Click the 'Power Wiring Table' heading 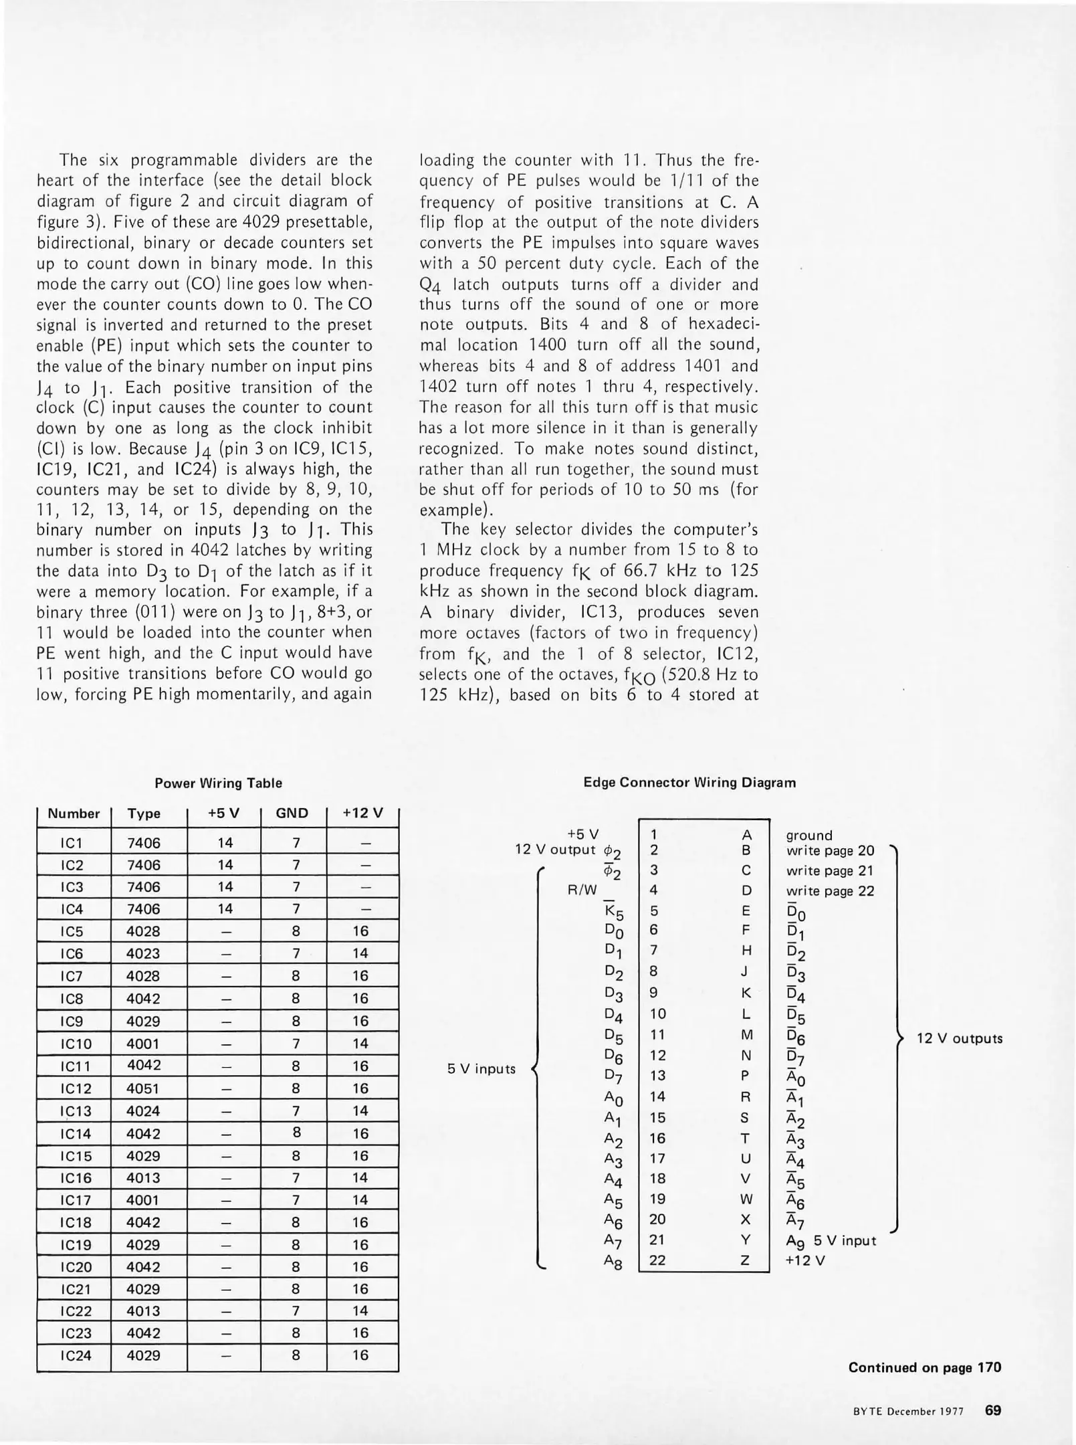tap(218, 783)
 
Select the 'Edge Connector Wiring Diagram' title tap(689, 782)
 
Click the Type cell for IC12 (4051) tap(144, 1088)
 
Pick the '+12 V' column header tap(362, 813)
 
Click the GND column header tap(292, 813)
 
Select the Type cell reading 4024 tap(144, 1111)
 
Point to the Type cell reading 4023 tap(144, 953)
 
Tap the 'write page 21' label tap(829, 871)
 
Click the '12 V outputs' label tap(959, 1039)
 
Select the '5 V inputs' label tap(481, 1069)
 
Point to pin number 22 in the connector tap(657, 1260)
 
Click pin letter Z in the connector tap(746, 1260)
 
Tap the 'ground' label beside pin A tap(809, 836)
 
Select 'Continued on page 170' tap(924, 1367)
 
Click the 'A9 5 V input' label tap(831, 1241)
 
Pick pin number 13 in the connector tap(657, 1076)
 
